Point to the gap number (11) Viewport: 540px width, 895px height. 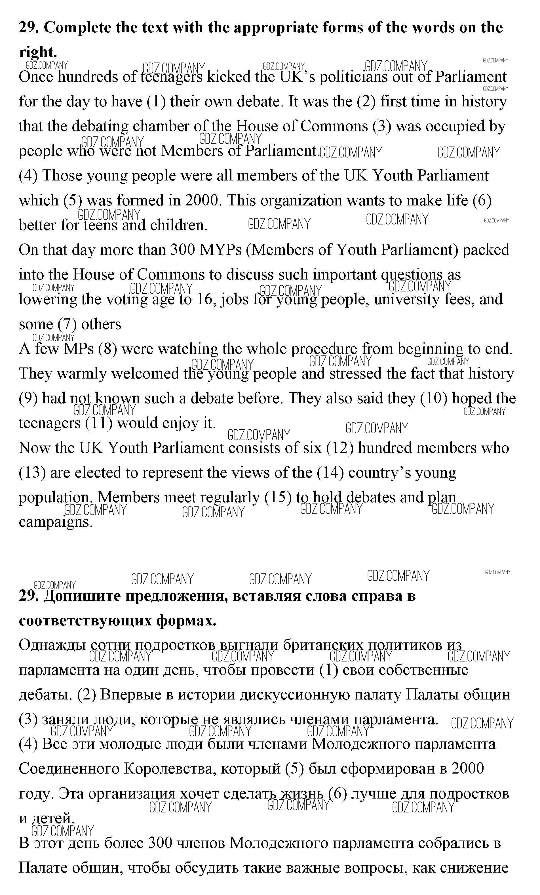[x=99, y=423]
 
